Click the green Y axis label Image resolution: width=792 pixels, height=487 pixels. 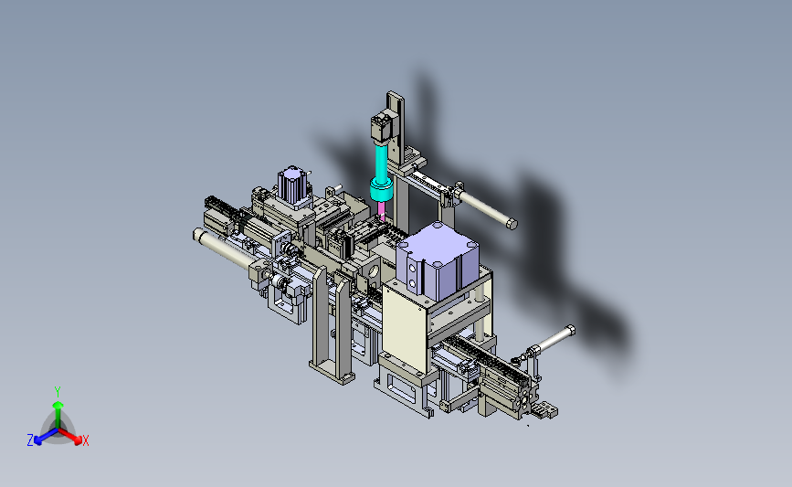58,392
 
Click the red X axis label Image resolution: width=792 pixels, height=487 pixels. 85,440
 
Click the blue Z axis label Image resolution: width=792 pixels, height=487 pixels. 30,440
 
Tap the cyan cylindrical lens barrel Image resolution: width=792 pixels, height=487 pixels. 380,161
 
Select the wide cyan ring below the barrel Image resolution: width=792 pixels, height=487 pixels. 382,190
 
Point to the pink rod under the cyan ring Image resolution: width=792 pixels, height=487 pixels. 381,210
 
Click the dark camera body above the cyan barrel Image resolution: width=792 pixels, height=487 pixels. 381,127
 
